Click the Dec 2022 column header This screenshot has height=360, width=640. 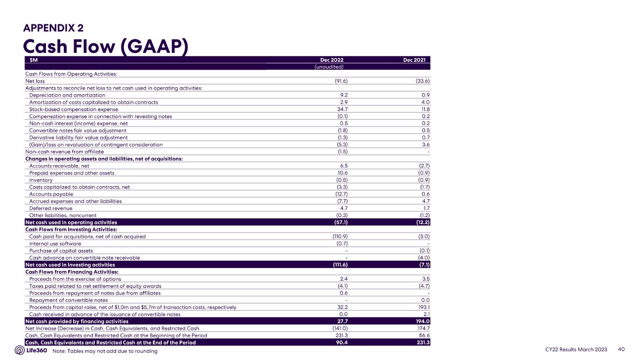[x=335, y=60]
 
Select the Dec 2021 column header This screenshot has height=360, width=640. [x=416, y=60]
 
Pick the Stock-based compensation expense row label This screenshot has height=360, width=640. [x=74, y=109]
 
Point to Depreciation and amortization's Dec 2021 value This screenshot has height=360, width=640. [x=426, y=95]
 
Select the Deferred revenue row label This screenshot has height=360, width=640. [x=51, y=208]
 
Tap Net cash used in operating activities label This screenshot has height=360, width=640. [x=71, y=222]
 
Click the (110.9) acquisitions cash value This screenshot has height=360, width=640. [x=339, y=236]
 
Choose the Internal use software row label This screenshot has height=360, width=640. [x=55, y=243]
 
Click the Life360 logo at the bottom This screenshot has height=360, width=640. [x=31, y=350]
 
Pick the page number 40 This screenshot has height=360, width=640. [x=622, y=350]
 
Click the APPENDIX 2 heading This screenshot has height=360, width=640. [x=53, y=28]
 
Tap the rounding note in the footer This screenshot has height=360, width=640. [x=105, y=351]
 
